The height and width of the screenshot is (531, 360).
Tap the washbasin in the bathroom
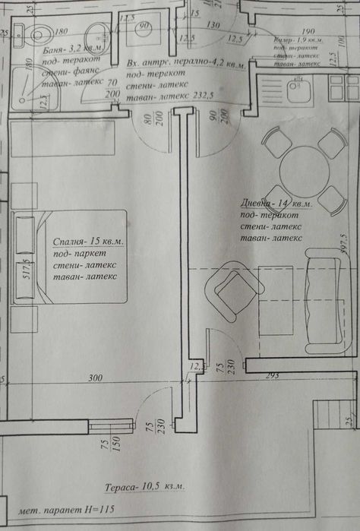(96, 35)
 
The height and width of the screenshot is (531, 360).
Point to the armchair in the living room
(232, 289)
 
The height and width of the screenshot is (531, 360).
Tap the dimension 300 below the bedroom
(94, 378)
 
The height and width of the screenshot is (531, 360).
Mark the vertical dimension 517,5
(27, 272)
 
